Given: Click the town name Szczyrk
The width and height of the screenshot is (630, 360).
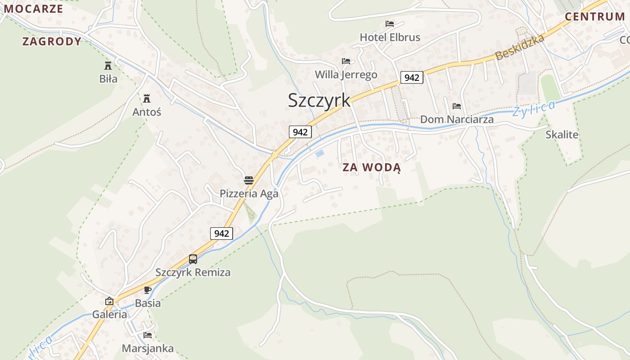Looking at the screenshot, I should pyautogui.click(x=319, y=100).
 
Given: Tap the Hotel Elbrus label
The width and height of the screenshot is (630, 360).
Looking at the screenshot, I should pyautogui.click(x=390, y=37).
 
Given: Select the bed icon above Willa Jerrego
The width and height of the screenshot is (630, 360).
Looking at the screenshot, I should pyautogui.click(x=346, y=61).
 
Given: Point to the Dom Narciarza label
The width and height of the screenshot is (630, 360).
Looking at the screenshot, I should pyautogui.click(x=457, y=120).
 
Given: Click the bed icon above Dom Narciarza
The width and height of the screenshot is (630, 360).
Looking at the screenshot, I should pyautogui.click(x=457, y=107).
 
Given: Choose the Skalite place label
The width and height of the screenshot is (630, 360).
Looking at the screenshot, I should pyautogui.click(x=562, y=135).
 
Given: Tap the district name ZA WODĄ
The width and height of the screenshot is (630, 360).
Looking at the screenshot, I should pyautogui.click(x=371, y=168).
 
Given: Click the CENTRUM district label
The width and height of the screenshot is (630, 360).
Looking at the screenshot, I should pyautogui.click(x=595, y=17).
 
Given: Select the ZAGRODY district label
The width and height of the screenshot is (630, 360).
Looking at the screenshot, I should pyautogui.click(x=52, y=42).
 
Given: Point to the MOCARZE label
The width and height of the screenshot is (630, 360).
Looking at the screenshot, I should pyautogui.click(x=33, y=9).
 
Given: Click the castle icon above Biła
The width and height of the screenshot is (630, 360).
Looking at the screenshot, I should pyautogui.click(x=108, y=66).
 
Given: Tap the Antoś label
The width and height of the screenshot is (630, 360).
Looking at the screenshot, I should pyautogui.click(x=147, y=112).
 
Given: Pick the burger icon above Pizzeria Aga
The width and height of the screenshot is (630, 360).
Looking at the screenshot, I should pyautogui.click(x=249, y=181).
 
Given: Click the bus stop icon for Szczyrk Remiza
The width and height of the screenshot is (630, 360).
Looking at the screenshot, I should pyautogui.click(x=193, y=259).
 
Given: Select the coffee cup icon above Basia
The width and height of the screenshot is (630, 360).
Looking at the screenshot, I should pyautogui.click(x=148, y=290).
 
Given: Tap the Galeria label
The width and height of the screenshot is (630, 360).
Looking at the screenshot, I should pyautogui.click(x=110, y=315).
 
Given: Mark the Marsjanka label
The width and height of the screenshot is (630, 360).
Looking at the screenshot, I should pyautogui.click(x=148, y=349).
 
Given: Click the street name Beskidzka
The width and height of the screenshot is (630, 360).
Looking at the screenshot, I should pyautogui.click(x=520, y=47).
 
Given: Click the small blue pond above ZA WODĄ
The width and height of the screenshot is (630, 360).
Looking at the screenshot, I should pyautogui.click(x=319, y=154).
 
